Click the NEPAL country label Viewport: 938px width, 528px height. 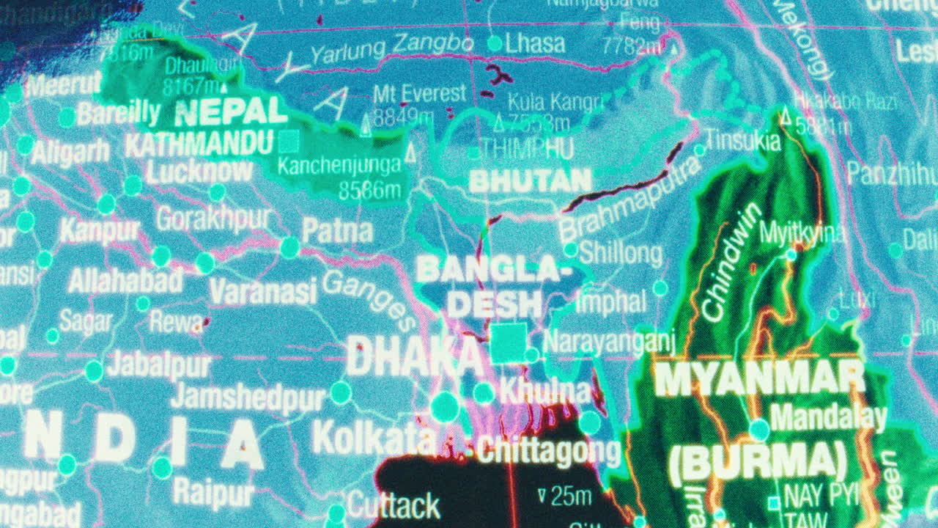click(231, 111)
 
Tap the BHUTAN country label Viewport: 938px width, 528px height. click(530, 180)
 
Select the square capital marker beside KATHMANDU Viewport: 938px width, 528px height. click(290, 141)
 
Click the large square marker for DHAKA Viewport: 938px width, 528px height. click(509, 342)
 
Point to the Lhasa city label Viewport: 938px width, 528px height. click(536, 43)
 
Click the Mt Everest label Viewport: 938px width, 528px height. click(419, 94)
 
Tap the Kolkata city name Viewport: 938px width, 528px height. click(374, 439)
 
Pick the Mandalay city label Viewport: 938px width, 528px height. click(828, 418)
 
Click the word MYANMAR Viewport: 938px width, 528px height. click(759, 379)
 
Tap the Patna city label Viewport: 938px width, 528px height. click(337, 231)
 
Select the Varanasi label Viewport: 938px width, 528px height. click(262, 291)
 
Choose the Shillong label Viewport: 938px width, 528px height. click(620, 254)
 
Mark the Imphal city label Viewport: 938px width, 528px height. click(610, 301)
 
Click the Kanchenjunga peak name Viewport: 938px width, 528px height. click(339, 166)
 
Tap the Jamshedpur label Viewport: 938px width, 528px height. click(248, 398)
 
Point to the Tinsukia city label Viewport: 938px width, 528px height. click(743, 140)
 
